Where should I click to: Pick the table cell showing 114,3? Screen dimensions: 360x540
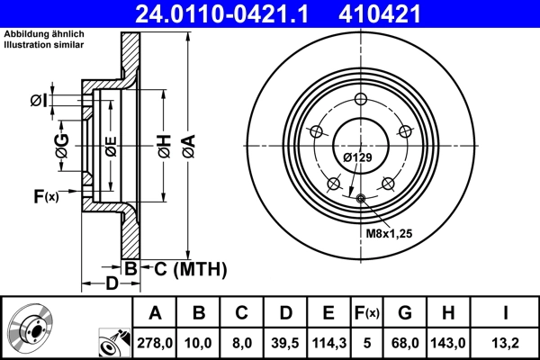click(x=328, y=342)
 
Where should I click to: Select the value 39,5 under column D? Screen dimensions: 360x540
click(x=284, y=342)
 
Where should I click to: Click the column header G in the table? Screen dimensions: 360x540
click(x=405, y=313)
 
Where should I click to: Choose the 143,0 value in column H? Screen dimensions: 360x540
click(x=449, y=342)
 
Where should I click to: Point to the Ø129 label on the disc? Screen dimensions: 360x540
click(x=357, y=158)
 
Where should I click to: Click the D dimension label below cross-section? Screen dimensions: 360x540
click(x=110, y=284)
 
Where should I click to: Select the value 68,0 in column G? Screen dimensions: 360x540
click(x=405, y=342)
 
